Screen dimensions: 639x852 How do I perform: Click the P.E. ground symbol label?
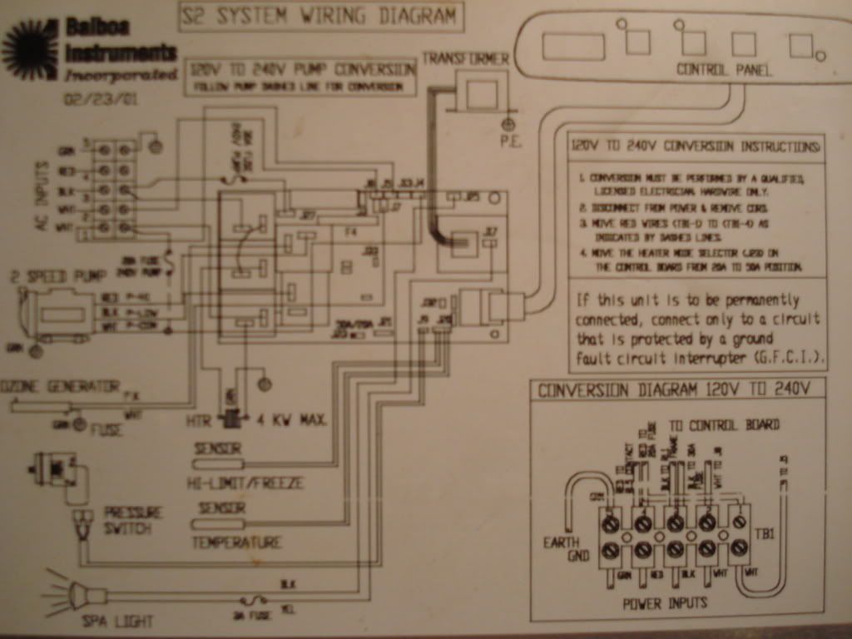click(509, 142)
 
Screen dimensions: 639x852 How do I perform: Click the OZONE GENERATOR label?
click(60, 386)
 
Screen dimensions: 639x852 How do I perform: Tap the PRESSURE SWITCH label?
click(132, 520)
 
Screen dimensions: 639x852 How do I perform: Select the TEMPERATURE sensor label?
click(236, 542)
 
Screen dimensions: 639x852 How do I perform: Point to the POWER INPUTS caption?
click(664, 603)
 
